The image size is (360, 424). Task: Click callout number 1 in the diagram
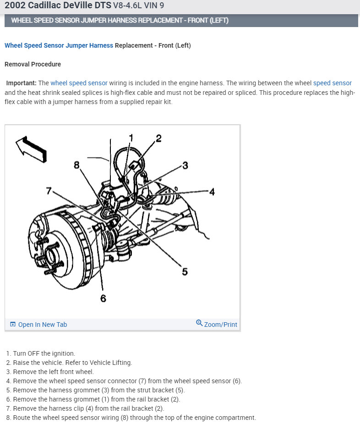coord(131,137)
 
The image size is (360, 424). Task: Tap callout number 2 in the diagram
coord(158,138)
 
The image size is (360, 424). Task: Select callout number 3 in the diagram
coord(185,165)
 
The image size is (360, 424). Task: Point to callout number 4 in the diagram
coord(212,192)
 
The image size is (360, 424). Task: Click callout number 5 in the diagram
coord(185,271)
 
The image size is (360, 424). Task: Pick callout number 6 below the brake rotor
coord(103,298)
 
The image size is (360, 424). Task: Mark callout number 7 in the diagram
coord(49,191)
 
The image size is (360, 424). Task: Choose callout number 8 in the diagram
coord(76,165)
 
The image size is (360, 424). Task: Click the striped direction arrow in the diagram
coord(31,148)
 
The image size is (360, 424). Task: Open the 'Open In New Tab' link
coord(42,325)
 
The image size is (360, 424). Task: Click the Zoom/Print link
coord(220,325)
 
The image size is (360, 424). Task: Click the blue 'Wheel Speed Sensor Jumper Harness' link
coord(59,45)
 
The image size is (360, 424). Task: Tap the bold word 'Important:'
coord(21,83)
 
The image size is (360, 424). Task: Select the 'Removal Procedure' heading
coord(33,64)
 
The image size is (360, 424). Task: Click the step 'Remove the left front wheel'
coord(53,372)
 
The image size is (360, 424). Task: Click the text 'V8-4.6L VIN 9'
coord(138,6)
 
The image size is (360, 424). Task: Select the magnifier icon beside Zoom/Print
coord(199,323)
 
